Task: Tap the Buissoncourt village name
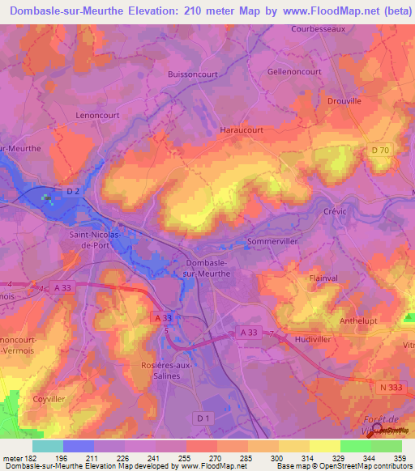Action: coord(195,72)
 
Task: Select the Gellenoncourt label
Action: coord(294,72)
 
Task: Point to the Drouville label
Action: coord(344,101)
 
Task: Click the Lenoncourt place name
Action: coord(97,116)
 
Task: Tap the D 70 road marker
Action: coord(380,151)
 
